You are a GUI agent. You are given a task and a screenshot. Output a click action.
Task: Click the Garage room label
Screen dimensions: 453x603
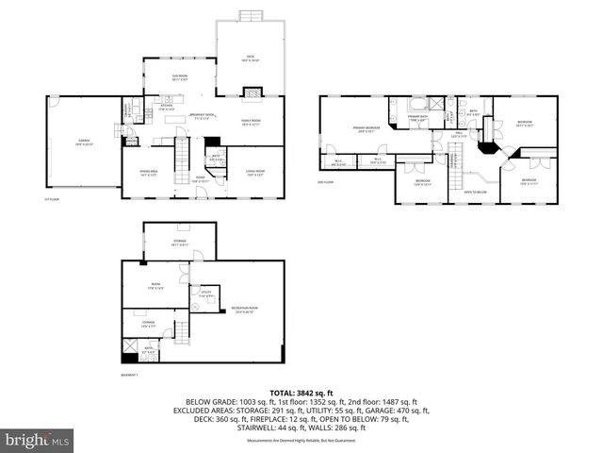click(x=65, y=143)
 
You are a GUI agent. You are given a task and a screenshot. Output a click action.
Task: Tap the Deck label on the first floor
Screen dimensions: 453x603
click(x=250, y=59)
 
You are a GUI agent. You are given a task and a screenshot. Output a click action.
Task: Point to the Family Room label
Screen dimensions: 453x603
click(x=251, y=122)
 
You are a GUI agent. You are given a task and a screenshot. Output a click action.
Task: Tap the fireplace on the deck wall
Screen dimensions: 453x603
click(x=252, y=92)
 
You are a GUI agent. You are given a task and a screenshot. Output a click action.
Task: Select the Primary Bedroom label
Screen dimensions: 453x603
click(x=367, y=128)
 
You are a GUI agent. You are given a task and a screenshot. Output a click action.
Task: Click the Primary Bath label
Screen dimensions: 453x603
click(x=417, y=117)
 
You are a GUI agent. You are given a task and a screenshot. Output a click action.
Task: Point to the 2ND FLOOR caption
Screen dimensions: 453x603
click(x=326, y=182)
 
